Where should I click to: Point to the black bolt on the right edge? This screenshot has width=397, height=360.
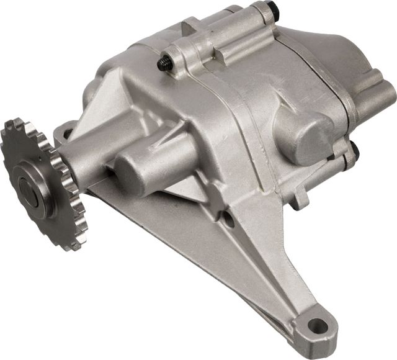(x=354, y=148)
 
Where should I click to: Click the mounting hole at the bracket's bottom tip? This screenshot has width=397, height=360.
(x=316, y=325)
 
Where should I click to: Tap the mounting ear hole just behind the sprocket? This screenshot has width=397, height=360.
(x=65, y=132)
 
